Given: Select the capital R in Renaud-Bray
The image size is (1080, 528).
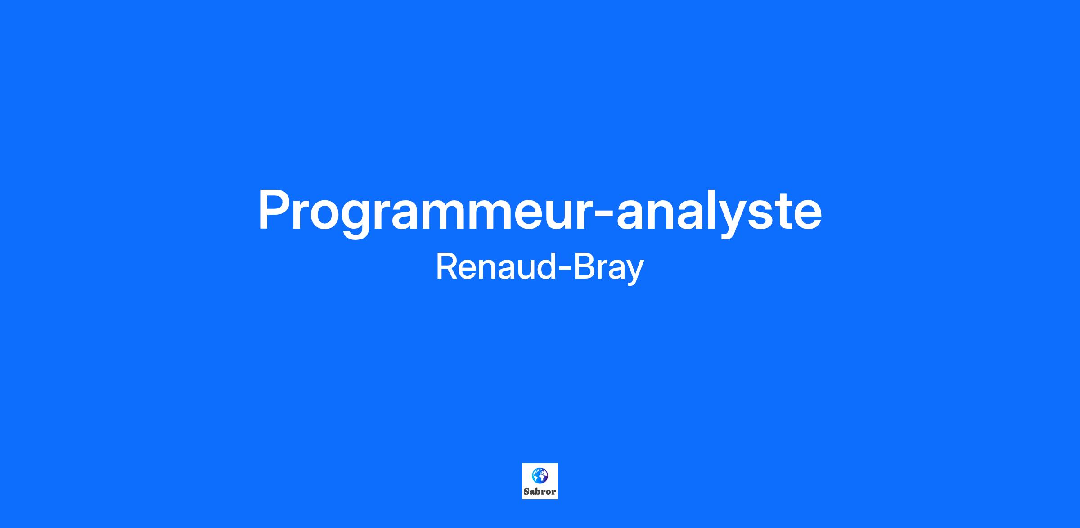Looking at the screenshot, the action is point(447,266).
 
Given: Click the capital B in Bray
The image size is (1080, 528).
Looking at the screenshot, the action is point(583,266).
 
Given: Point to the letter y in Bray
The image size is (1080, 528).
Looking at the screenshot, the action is point(634,273).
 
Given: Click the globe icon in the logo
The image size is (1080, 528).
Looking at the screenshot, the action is point(540,475).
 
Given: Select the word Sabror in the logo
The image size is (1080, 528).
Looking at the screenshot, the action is point(540,492).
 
